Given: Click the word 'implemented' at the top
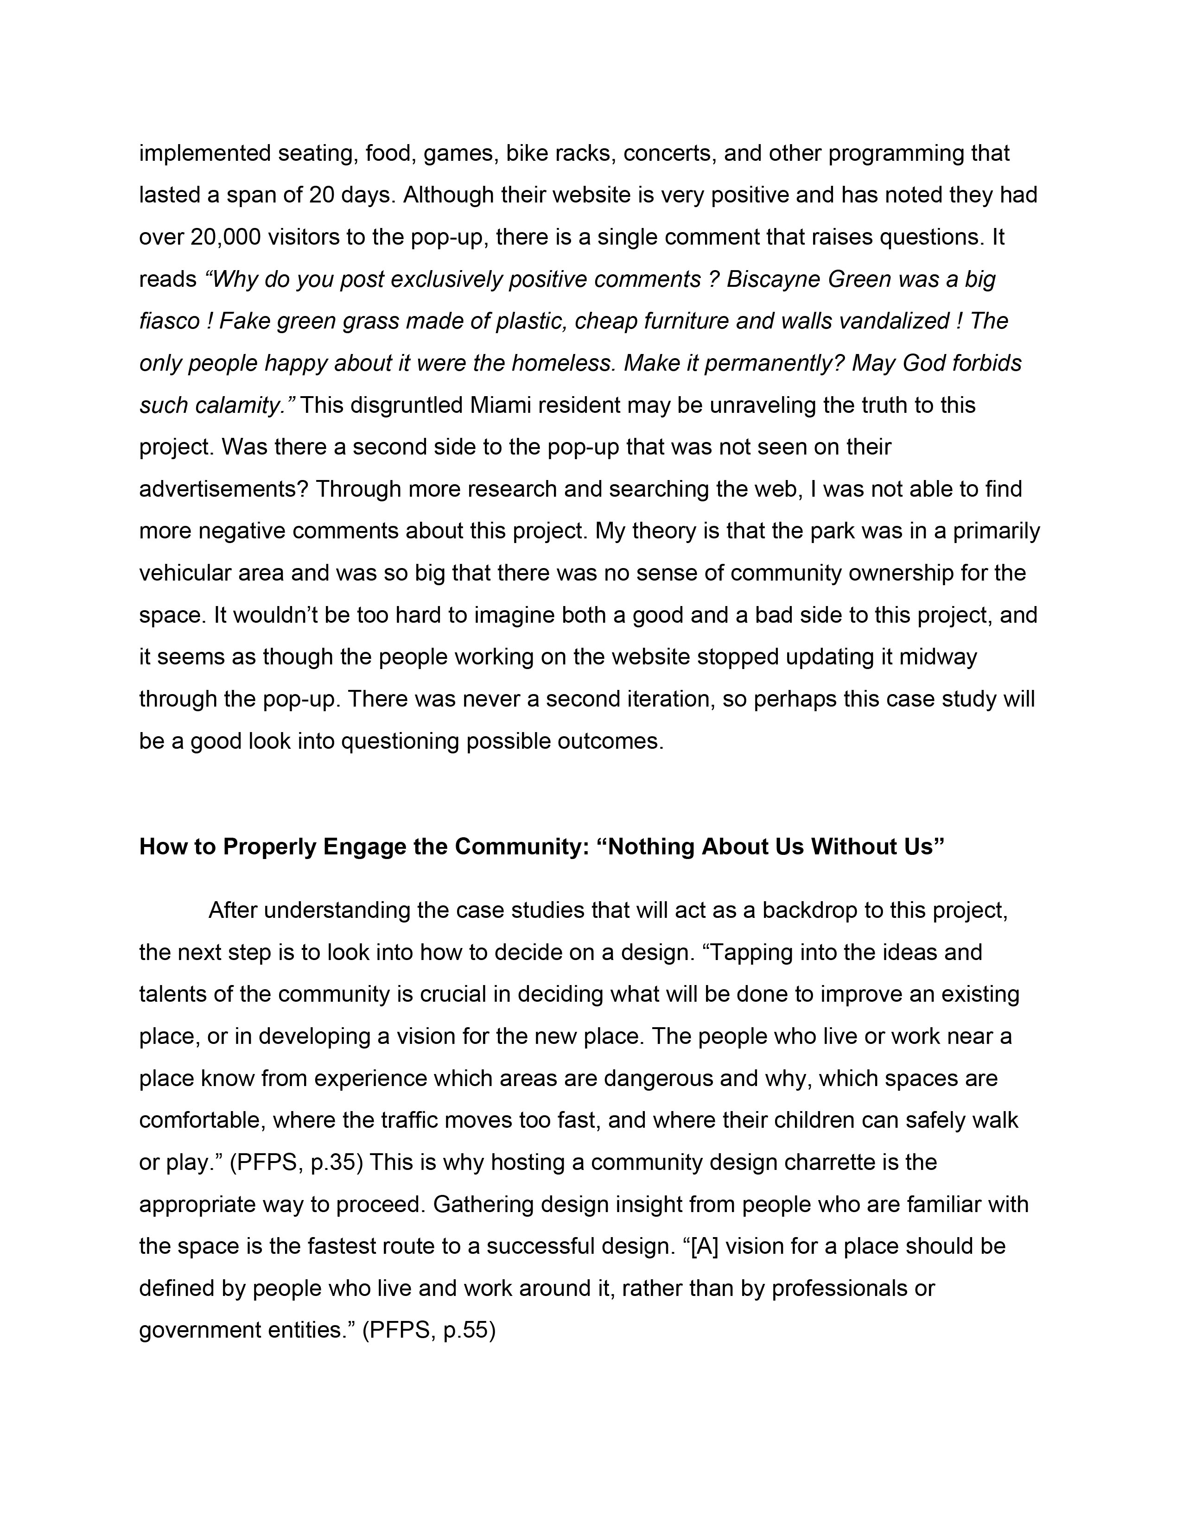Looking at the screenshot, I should pos(205,153).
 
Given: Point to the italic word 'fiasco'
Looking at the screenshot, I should pos(169,322).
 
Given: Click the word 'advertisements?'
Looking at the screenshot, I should pos(224,489).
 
